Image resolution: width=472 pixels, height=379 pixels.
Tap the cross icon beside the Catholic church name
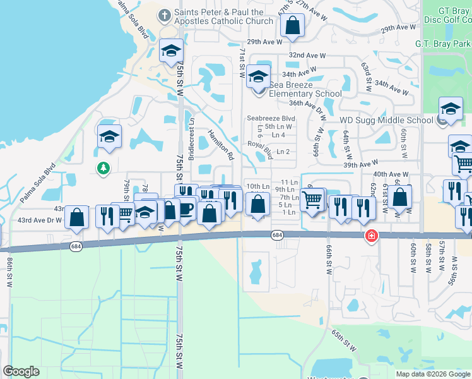click(x=165, y=13)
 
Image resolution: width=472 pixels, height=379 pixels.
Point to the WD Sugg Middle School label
click(x=386, y=120)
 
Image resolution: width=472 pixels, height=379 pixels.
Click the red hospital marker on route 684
click(x=372, y=236)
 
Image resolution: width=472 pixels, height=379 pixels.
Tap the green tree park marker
click(x=102, y=168)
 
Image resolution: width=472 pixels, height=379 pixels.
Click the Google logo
click(x=21, y=371)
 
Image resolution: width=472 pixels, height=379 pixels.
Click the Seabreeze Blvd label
click(x=271, y=118)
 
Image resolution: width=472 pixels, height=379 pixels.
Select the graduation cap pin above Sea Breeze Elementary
click(x=257, y=76)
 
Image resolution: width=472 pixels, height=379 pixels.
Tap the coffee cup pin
click(x=186, y=208)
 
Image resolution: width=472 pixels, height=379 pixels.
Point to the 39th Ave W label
click(x=361, y=164)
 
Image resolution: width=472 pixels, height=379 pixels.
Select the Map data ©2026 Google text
click(x=433, y=374)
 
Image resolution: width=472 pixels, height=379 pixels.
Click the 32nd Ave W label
click(x=307, y=56)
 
